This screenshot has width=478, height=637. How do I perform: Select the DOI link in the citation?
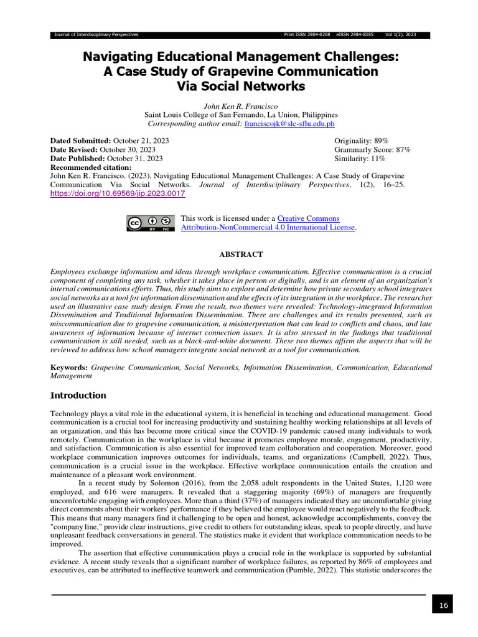(118, 193)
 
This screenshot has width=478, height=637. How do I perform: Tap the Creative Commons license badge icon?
(149, 223)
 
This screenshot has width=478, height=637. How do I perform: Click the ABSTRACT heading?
(241, 254)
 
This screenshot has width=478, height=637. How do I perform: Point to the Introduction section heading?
(78, 395)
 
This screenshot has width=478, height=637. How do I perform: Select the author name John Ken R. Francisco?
(241, 106)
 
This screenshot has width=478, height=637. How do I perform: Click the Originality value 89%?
(378, 141)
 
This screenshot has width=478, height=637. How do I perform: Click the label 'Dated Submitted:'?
(80, 141)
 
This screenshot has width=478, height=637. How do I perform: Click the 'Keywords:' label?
(68, 368)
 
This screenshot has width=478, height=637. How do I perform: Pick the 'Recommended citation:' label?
(91, 167)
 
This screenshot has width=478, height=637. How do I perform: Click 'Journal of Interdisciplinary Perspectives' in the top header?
(96, 34)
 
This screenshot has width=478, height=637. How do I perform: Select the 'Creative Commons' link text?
(308, 218)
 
